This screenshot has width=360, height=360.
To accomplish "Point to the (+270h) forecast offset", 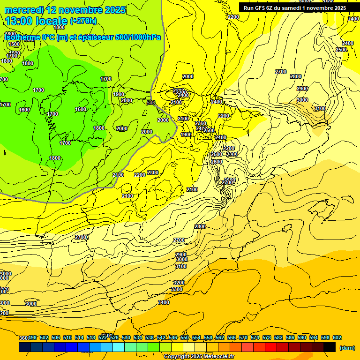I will (83, 21).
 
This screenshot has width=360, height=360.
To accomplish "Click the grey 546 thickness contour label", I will (150, 103).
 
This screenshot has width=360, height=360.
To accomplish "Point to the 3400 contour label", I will (164, 302).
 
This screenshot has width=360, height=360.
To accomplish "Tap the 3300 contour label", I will (177, 290).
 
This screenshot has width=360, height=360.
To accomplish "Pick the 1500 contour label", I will (14, 44).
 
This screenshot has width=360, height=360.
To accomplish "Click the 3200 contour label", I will (179, 283).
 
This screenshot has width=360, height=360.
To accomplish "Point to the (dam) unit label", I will (347, 347).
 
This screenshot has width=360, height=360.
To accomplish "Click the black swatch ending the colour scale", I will (330, 347).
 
